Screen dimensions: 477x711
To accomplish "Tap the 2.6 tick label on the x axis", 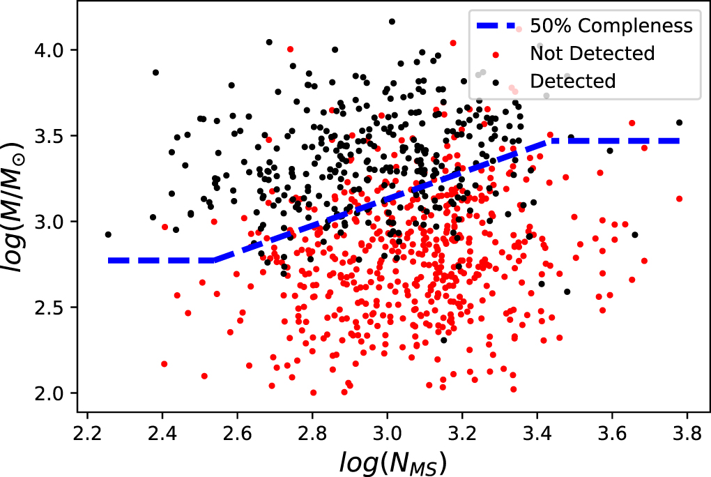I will click(237, 441).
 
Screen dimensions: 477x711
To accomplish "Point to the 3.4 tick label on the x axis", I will click(537, 441).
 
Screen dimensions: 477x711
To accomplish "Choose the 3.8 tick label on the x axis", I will click(687, 441).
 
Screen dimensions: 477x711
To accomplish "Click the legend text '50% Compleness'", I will click(611, 26).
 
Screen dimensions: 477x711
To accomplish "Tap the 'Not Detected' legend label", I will click(592, 54).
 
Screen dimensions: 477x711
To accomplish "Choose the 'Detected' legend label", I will click(572, 81).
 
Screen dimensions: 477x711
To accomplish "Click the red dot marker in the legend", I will click(496, 54).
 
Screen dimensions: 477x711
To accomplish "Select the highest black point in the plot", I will click(392, 22).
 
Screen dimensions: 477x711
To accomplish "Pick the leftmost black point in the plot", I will click(108, 234).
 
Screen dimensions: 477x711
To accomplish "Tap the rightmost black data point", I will click(680, 123).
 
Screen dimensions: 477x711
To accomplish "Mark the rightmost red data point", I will click(679, 199).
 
